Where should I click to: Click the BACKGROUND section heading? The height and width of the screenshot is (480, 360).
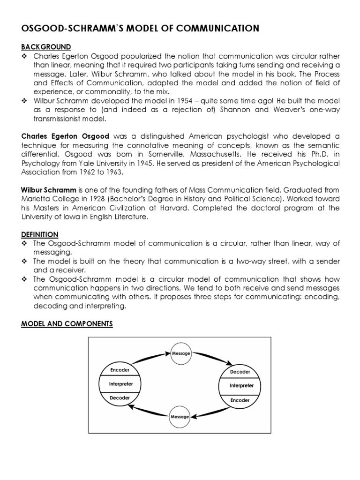[46, 47]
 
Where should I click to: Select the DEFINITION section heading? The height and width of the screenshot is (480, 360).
[40, 234]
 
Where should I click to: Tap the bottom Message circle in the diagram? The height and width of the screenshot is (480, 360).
[180, 416]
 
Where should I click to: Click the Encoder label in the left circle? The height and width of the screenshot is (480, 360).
[119, 370]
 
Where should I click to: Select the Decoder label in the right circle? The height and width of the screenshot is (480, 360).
[240, 372]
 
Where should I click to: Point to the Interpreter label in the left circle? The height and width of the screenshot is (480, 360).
[120, 384]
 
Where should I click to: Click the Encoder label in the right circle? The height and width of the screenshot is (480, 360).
[240, 400]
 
